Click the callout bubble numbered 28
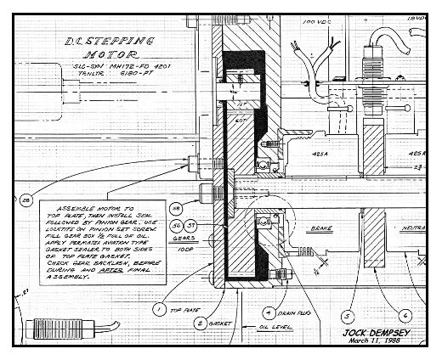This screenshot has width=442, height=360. pos(25,200)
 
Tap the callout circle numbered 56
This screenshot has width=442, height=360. pos(176,225)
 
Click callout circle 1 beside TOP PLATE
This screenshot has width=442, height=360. pos(159,310)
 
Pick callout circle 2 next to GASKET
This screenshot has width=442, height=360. pos(201,323)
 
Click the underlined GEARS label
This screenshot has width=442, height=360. pos(177,240)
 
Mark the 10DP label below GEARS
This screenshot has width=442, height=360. pos(178,252)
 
